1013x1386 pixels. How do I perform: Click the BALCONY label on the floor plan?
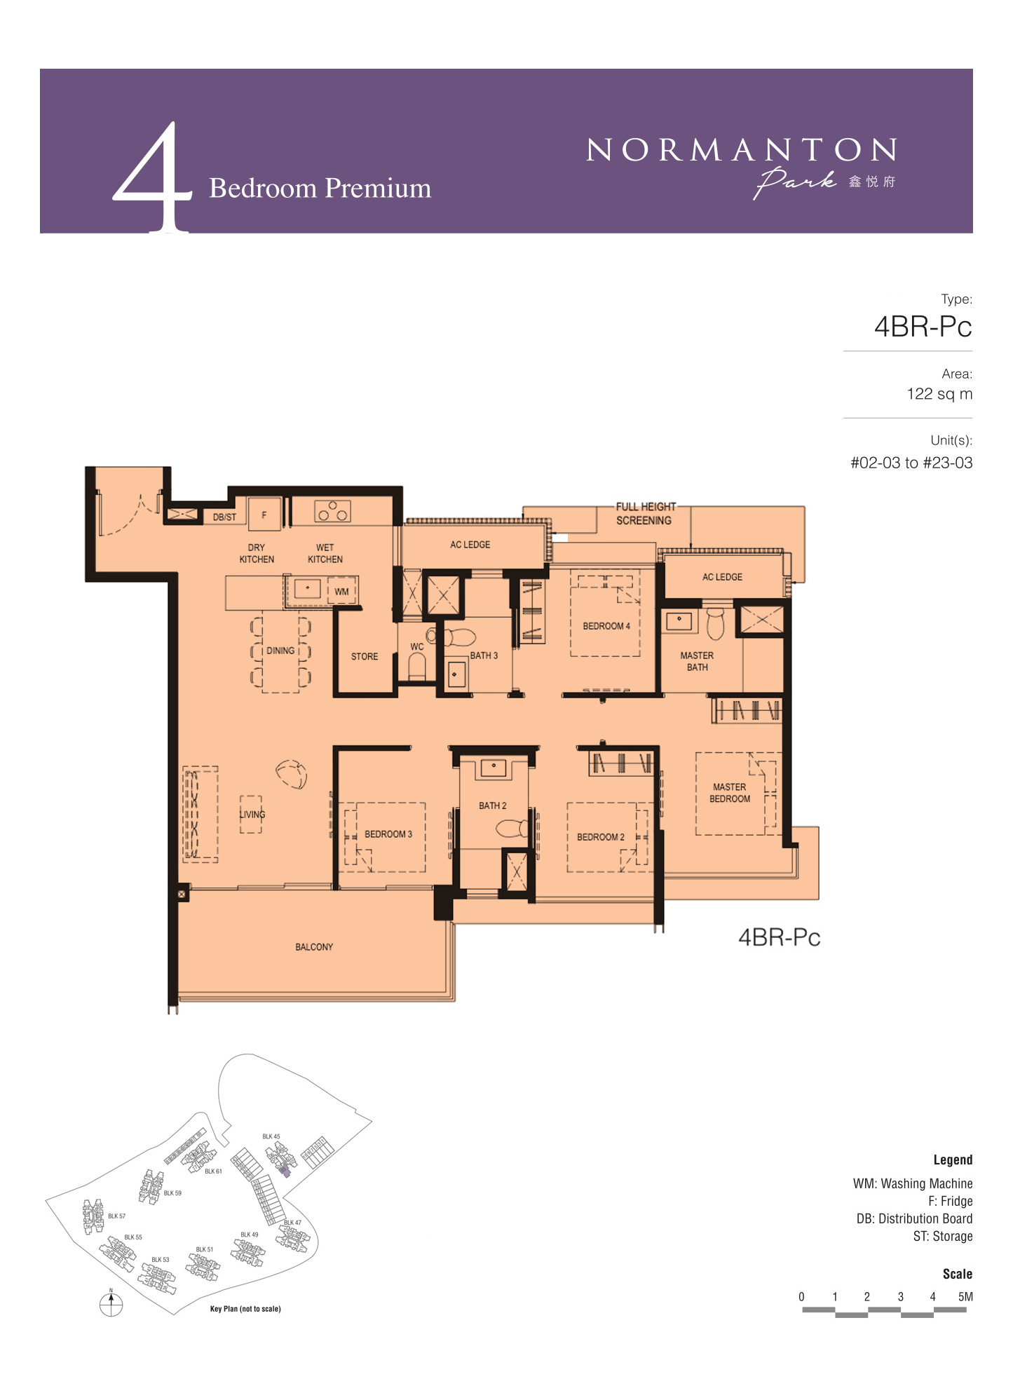314,947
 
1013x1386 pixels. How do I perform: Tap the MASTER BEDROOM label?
730,793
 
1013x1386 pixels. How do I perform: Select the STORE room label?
365,657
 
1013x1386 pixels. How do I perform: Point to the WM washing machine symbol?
342,591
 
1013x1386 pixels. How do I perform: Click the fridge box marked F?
264,515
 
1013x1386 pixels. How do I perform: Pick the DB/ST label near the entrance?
224,517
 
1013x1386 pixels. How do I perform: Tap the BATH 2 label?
493,806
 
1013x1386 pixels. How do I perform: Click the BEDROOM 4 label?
606,626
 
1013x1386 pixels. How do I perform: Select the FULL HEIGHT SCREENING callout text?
645,514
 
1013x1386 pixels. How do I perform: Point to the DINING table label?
280,651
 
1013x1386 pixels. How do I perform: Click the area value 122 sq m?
939,394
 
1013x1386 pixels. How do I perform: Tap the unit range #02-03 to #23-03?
911,463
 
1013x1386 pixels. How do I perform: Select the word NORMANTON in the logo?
741,150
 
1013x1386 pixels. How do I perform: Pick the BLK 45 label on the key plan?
271,1136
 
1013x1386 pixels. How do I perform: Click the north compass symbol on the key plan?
111,1303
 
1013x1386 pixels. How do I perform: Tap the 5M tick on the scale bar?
965,1297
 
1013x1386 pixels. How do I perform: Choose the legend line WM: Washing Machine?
913,1183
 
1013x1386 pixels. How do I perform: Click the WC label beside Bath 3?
417,647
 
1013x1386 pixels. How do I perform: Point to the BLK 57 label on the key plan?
117,1216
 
